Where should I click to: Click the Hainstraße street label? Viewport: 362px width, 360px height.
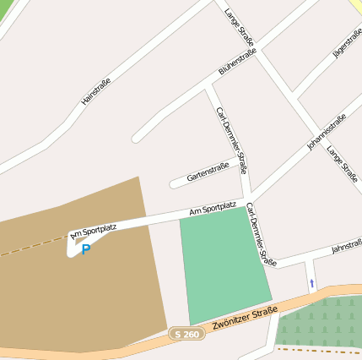point(95,91)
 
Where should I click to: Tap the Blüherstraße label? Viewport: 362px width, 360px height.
point(237,62)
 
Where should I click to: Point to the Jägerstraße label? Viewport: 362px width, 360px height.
point(348,42)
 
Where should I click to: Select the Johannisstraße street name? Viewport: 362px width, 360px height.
point(326,133)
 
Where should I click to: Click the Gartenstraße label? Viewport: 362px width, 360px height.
point(208,172)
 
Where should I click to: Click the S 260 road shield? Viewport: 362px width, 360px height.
point(186,335)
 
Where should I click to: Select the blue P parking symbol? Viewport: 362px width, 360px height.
point(86,249)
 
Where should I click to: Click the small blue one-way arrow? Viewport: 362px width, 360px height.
point(311,283)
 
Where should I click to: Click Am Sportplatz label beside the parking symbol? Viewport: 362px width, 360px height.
point(94,230)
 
